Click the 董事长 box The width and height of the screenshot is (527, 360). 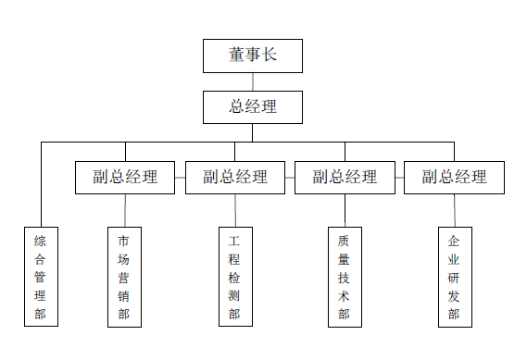click(x=253, y=56)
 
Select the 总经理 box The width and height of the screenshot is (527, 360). click(x=253, y=106)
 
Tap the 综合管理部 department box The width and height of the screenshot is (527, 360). click(x=41, y=277)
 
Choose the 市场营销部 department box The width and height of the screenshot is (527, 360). click(x=124, y=277)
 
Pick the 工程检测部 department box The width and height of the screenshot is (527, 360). click(x=234, y=277)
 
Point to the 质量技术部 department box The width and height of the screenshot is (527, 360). click(x=344, y=277)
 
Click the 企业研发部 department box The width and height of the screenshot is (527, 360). click(x=454, y=277)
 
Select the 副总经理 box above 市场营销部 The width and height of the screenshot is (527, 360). click(x=125, y=177)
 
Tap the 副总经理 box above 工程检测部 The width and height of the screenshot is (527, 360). click(x=235, y=177)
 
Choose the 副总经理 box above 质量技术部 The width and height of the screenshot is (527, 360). click(x=345, y=177)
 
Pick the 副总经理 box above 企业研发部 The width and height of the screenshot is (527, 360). click(x=454, y=177)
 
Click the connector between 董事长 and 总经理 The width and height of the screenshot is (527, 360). click(x=253, y=81)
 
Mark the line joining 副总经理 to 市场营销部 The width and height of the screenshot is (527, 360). click(x=125, y=210)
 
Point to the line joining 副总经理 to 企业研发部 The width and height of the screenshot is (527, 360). click(x=454, y=210)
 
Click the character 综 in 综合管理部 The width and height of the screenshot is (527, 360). click(x=41, y=241)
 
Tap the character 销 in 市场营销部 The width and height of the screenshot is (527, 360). click(x=124, y=296)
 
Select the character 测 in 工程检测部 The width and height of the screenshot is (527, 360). click(x=234, y=296)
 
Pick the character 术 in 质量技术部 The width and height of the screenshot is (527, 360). click(x=344, y=296)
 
